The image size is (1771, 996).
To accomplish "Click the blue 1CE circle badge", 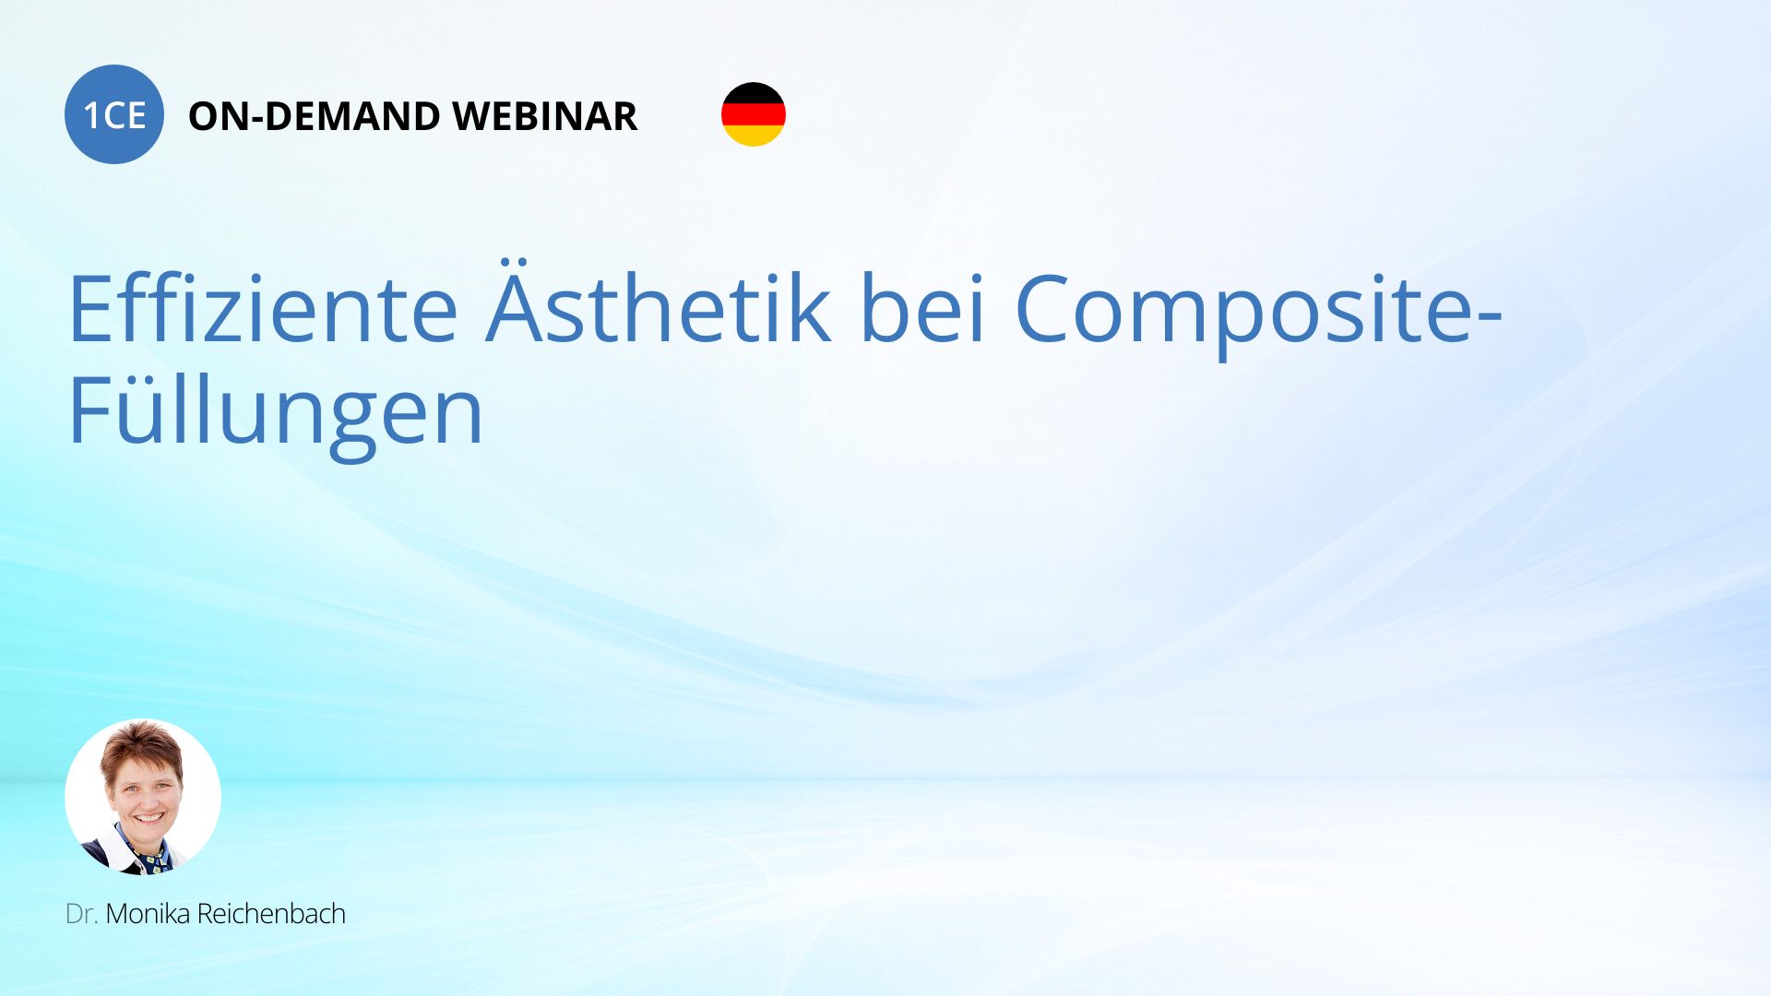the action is tap(114, 114).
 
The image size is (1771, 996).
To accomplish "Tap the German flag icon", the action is tap(754, 114).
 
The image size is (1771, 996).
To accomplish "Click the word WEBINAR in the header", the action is tap(545, 116).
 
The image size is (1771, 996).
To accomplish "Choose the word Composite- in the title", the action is tap(1259, 314).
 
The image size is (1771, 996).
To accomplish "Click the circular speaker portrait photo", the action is tap(143, 797).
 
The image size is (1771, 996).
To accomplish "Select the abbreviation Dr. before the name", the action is tap(81, 914).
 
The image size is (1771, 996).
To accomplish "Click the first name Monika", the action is tap(148, 914).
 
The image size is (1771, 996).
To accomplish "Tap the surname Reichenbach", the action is tap(271, 914).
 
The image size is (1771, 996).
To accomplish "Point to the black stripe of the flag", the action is tap(754, 93).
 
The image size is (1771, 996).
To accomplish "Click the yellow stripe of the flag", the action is tap(754, 136).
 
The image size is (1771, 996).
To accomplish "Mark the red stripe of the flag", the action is tap(754, 114).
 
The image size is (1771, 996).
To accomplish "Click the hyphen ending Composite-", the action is tap(1490, 315).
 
